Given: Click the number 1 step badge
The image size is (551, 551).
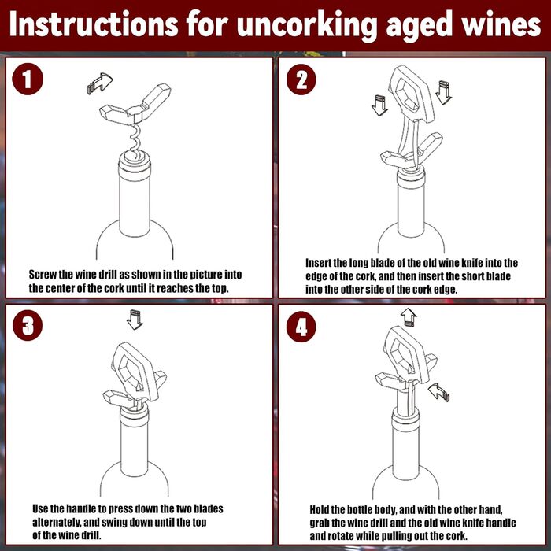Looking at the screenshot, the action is coord(28,79).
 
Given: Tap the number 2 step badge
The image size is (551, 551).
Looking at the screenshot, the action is coord(301,80).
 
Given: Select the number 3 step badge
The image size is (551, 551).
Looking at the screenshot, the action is coord(28,325).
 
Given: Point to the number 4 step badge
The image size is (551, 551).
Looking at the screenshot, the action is coord(301,327).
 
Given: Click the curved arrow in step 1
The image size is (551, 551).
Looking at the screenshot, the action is coord(101,83).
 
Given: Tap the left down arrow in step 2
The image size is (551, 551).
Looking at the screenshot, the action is coord(379,105).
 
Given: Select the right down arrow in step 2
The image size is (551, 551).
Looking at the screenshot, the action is coord(443,92).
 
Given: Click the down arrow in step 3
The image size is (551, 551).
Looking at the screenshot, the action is coord(135,320).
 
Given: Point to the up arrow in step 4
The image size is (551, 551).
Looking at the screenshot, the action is coord(409,317).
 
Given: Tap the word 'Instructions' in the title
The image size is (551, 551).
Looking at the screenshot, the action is coord(94,24).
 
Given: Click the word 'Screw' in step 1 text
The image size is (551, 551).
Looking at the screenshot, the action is coord(43,275).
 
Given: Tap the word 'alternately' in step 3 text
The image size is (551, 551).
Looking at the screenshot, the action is coord(57,523).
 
